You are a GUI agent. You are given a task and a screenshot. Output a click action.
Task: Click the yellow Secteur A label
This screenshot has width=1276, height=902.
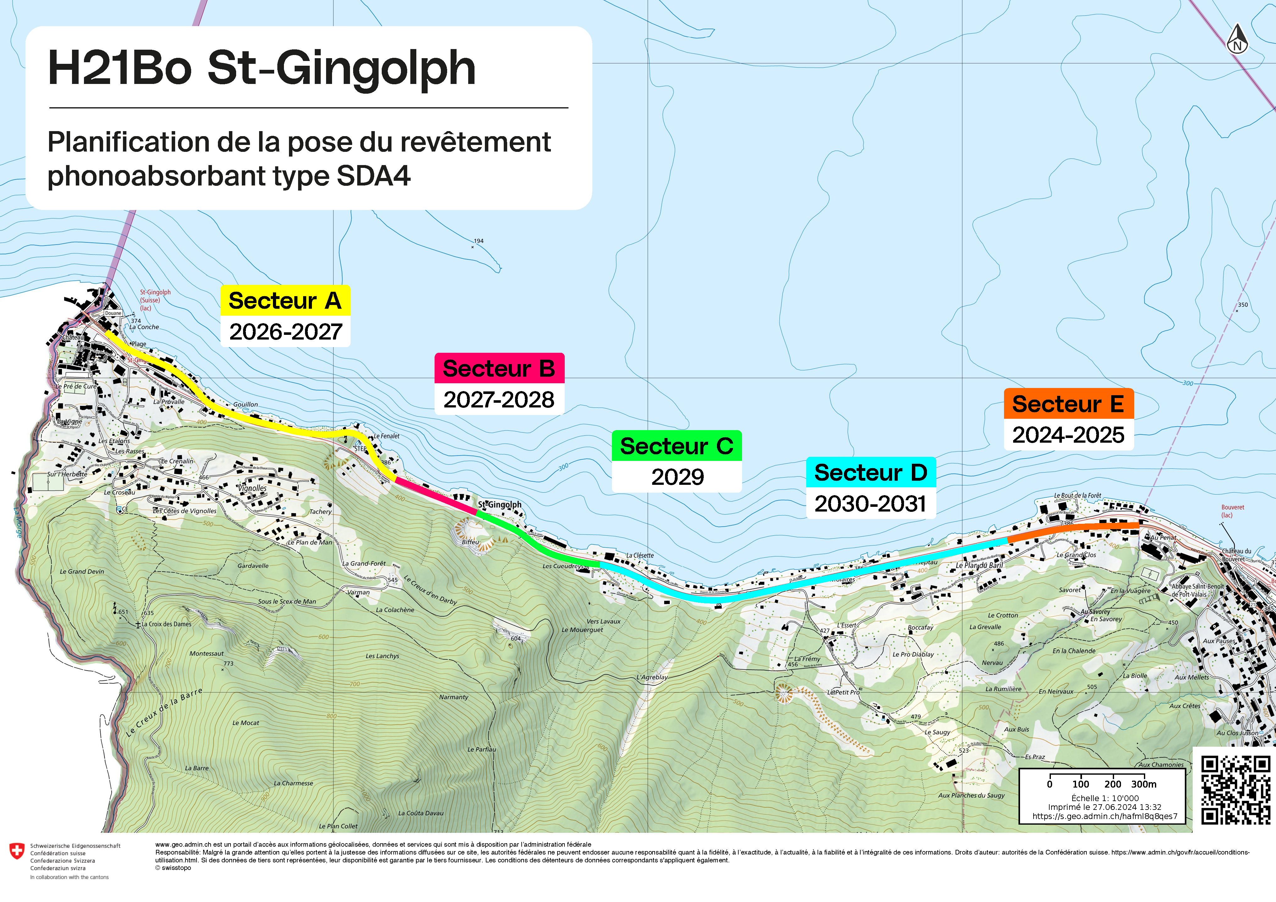click(x=285, y=301)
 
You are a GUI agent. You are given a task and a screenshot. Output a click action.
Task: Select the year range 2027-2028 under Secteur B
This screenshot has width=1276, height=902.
click(x=498, y=400)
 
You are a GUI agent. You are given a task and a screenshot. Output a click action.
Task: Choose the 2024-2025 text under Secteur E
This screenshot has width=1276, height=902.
click(x=1068, y=434)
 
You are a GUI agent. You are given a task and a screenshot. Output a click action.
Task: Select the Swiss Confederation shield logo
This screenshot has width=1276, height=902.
click(x=17, y=851)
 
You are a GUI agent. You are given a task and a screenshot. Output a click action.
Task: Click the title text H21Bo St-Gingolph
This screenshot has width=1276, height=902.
click(x=262, y=68)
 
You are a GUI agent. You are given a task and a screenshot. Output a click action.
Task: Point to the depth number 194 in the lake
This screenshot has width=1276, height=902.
click(x=479, y=241)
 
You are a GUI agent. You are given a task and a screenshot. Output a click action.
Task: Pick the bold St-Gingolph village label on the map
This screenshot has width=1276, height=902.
click(x=500, y=505)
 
